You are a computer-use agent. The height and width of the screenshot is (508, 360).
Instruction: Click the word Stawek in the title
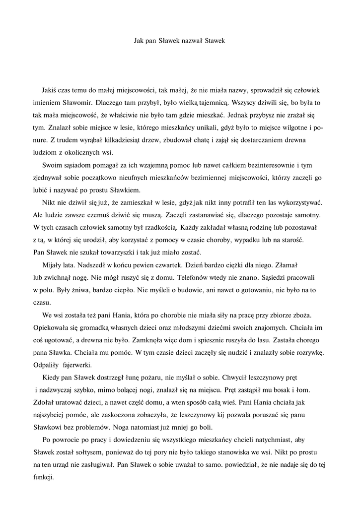point(215,41)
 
